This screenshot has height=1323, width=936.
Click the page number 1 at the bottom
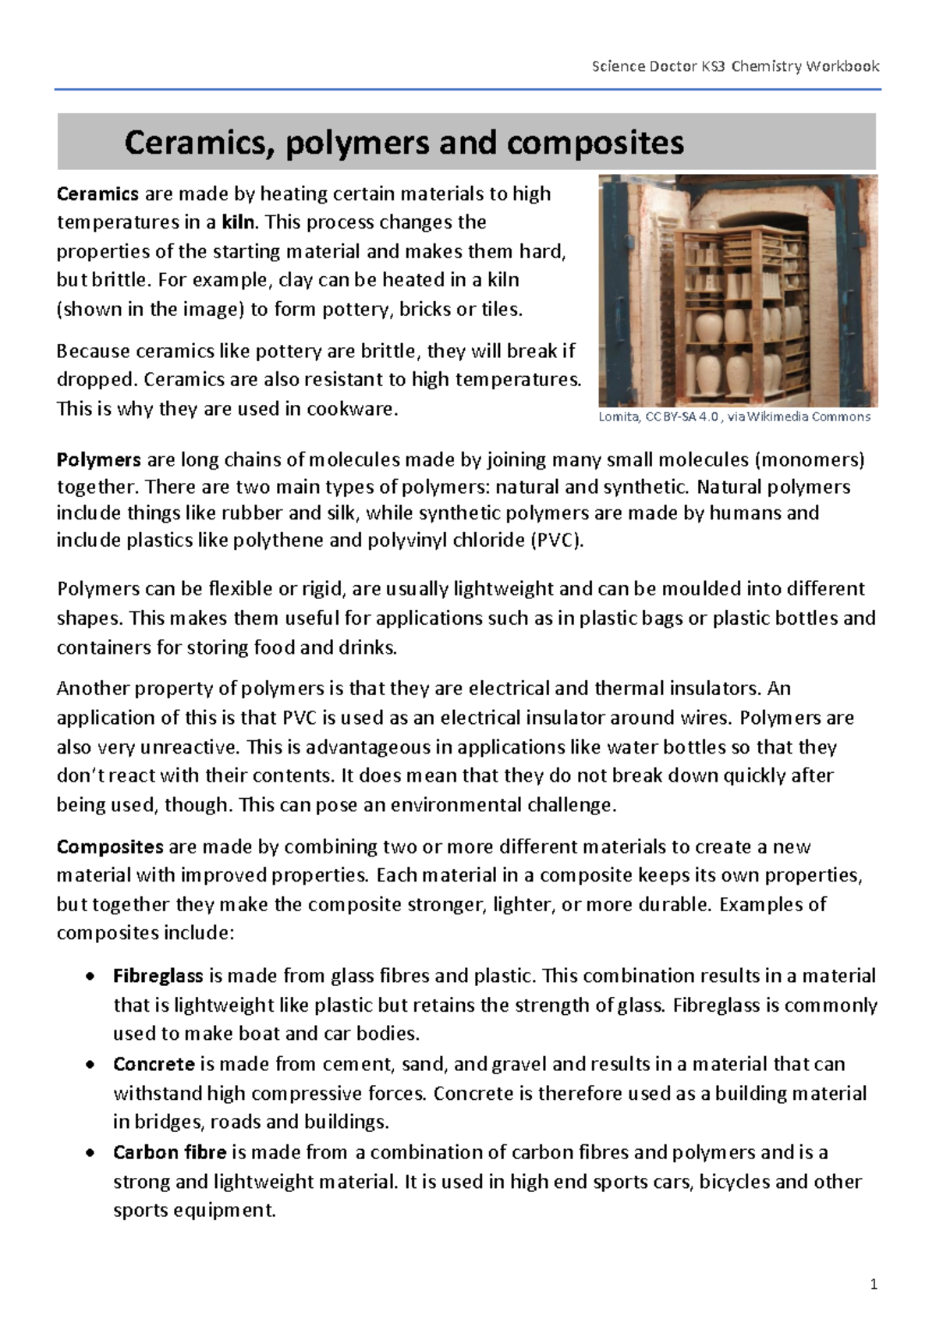tap(874, 1284)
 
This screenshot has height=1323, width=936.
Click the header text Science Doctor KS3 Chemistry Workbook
tap(736, 66)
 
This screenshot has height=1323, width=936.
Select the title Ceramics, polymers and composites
tap(404, 143)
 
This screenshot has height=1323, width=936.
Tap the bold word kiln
tap(238, 222)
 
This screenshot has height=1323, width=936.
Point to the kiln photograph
tap(738, 290)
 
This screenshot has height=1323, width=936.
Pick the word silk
tap(339, 513)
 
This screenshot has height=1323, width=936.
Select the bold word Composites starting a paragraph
tap(110, 846)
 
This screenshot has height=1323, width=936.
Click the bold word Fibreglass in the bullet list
tap(158, 976)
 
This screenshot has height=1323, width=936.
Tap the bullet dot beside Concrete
tap(92, 1064)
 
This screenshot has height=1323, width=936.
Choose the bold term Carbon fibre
tap(169, 1152)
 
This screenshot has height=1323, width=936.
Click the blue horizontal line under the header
tap(467, 90)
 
